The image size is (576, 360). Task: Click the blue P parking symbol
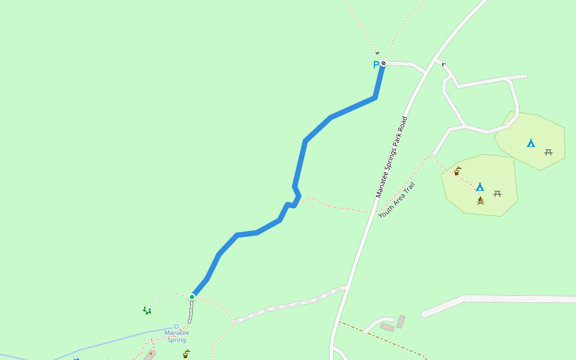[x=376, y=65]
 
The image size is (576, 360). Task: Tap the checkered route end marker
[x=383, y=63]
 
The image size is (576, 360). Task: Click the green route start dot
[x=192, y=296]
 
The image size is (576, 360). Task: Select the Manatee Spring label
[x=176, y=336]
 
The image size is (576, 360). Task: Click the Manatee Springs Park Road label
[x=391, y=157]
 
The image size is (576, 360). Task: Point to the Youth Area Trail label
[x=397, y=200]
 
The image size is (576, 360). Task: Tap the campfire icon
[x=480, y=200]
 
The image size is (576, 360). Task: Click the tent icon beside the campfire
[x=479, y=187]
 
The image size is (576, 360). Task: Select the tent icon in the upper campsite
[x=530, y=143]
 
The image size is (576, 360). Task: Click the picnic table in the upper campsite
[x=548, y=152]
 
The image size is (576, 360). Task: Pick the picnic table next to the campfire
[x=497, y=193]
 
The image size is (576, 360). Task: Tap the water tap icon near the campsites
[x=457, y=171]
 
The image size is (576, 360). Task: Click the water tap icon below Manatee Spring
[x=186, y=354]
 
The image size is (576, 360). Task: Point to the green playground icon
[x=147, y=310]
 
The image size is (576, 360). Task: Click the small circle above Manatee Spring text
[x=176, y=326]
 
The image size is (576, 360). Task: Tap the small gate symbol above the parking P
[x=377, y=53]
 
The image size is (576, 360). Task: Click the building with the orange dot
[x=149, y=355]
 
